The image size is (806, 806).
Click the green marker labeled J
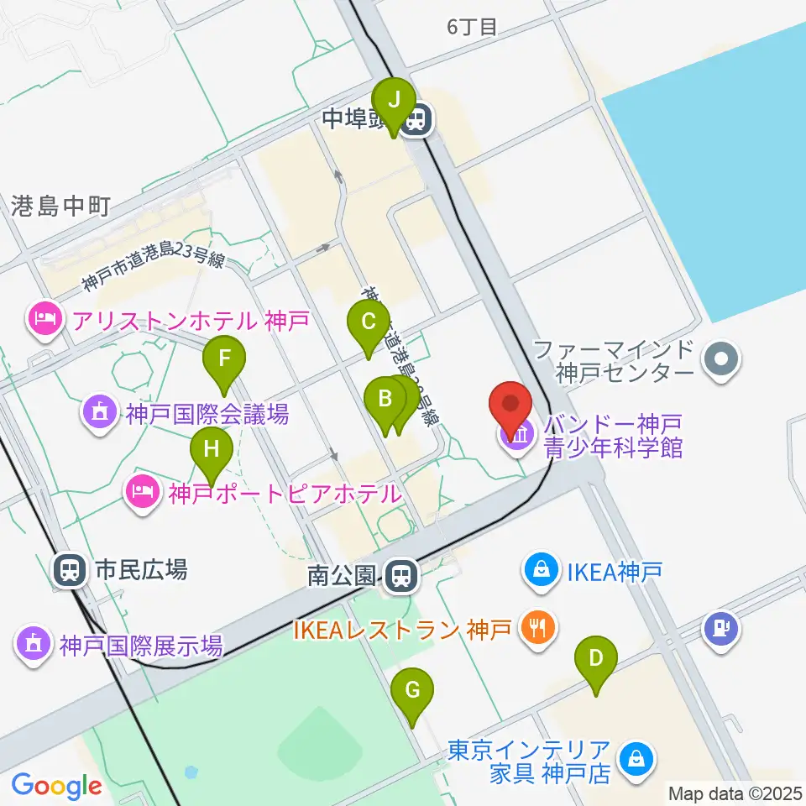pyautogui.click(x=392, y=99)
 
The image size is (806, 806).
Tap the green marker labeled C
pyautogui.click(x=368, y=323)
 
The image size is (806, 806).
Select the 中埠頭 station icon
pyautogui.click(x=414, y=122)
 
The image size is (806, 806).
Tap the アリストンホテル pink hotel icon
pyautogui.click(x=44, y=318)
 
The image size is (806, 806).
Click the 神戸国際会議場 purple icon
pyautogui.click(x=99, y=412)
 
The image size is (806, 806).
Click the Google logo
pyautogui.click(x=56, y=785)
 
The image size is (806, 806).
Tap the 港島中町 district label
pyautogui.click(x=60, y=206)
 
